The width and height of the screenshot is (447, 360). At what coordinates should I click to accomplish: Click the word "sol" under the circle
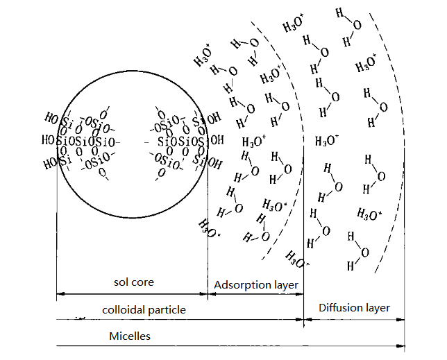pyautogui.click(x=122, y=282)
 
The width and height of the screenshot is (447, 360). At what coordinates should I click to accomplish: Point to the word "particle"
pyautogui.click(x=169, y=309)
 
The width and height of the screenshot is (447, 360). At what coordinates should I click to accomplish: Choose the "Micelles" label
pyautogui.click(x=130, y=336)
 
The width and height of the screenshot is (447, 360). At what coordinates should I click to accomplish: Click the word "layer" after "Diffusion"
pyautogui.click(x=379, y=307)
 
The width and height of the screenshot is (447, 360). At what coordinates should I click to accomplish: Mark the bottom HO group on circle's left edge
pyautogui.click(x=50, y=164)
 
